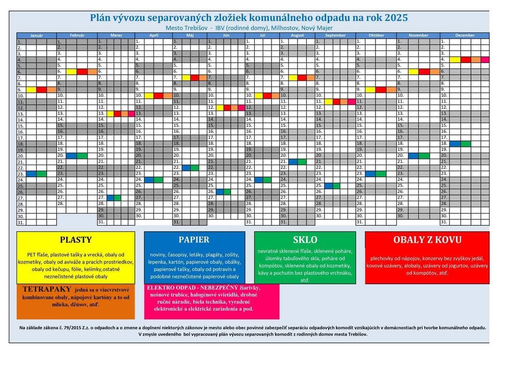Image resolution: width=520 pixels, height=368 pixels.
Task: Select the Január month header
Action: tap(37, 36)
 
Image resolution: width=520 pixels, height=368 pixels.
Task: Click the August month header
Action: tap(297, 36)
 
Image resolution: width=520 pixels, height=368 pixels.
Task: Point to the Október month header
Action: tap(376, 36)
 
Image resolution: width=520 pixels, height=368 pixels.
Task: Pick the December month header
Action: tap(465, 36)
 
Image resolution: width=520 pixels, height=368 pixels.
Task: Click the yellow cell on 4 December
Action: tap(455, 60)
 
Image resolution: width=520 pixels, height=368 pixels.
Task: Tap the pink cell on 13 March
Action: tap(131, 114)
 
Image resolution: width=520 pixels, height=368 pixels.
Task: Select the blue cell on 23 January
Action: tap(31, 174)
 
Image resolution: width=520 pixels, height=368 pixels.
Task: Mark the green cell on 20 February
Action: tap(82, 156)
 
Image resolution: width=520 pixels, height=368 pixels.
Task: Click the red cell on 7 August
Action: tap(302, 78)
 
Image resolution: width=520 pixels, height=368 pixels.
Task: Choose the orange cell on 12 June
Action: tap(234, 107)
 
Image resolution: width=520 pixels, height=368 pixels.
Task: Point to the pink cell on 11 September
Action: tap(351, 102)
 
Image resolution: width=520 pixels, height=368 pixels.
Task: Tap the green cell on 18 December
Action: tap(466, 144)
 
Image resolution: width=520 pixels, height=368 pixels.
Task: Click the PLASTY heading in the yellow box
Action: tap(76, 240)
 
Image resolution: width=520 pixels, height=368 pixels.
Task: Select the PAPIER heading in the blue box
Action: tap(194, 240)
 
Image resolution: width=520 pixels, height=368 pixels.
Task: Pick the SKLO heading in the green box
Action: tap(305, 240)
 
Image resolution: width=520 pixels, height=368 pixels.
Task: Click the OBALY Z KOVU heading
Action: tap(427, 240)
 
